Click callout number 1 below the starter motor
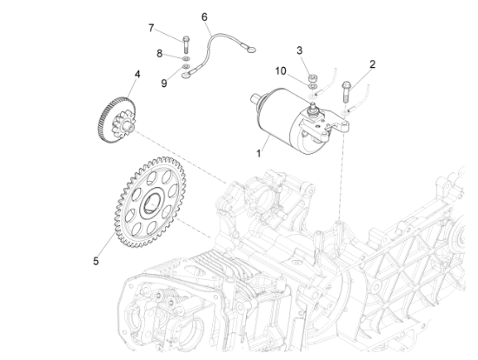258,153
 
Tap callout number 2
372,64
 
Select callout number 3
299,50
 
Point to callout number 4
137,74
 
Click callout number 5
96,261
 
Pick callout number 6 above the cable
204,17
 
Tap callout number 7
151,28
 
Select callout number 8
159,54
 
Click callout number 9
164,83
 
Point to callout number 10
281,71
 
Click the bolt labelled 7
186,44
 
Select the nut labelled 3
312,77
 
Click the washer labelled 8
186,58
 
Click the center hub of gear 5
150,203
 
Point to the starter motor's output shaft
256,99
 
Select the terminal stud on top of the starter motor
312,109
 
